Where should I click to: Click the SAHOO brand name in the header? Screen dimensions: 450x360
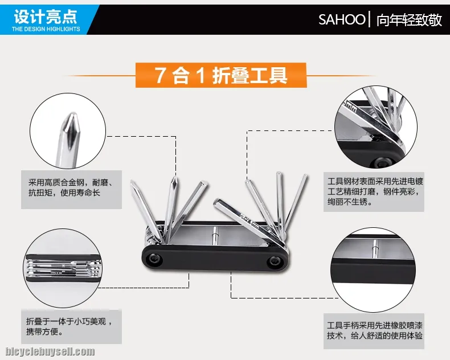pos(342,19)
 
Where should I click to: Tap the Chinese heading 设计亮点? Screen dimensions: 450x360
pos(46,17)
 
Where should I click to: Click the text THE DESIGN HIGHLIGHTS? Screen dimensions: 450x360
pos(46,29)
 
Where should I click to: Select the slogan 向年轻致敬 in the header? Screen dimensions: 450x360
pos(409,20)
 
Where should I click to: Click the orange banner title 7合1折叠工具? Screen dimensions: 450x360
pos(221,75)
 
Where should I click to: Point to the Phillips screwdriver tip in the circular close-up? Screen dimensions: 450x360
pos(71,126)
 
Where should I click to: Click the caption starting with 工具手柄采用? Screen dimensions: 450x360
pos(374,330)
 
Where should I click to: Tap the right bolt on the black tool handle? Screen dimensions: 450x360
pos(275,261)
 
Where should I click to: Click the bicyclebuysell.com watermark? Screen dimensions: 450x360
pos(50,351)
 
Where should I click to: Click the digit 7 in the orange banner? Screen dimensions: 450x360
pos(161,75)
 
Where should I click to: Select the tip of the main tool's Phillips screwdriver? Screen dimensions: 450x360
pos(174,178)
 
